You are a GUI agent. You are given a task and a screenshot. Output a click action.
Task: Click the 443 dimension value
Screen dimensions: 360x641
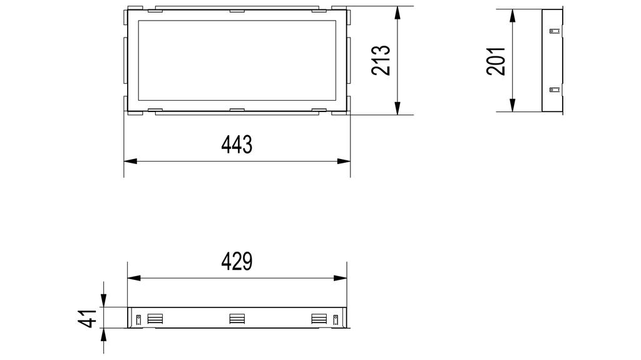point(237,145)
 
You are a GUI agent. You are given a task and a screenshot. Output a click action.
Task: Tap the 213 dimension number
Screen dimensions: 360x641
point(381,61)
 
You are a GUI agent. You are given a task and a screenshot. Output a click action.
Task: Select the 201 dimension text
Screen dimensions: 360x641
point(496,61)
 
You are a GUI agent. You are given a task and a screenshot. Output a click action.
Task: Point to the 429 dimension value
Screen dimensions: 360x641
point(237,262)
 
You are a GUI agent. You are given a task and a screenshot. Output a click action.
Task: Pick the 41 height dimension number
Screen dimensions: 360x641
point(88,318)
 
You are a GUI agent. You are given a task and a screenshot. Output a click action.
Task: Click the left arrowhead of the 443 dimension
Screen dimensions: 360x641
point(130,161)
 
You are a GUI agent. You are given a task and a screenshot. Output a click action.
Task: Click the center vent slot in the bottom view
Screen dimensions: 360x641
point(237,319)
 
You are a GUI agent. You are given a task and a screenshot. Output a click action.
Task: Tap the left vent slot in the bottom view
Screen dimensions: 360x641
point(155,319)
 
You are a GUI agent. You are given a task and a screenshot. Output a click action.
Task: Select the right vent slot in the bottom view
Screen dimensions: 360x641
point(319,319)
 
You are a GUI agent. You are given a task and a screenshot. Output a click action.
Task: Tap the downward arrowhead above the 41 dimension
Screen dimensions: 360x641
point(104,301)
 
